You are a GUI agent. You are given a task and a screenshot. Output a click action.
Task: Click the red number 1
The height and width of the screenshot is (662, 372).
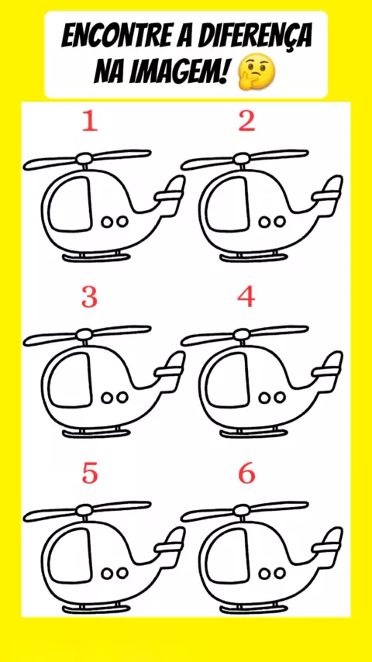coord(90,122)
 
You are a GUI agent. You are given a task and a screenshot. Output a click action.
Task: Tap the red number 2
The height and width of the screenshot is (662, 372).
coord(246,122)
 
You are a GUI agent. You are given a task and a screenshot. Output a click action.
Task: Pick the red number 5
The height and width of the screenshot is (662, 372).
coord(90,474)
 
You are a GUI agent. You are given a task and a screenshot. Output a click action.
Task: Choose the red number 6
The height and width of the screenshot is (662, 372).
coord(247,474)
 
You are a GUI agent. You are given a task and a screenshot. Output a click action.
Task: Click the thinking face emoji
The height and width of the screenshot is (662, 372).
coord(257,74)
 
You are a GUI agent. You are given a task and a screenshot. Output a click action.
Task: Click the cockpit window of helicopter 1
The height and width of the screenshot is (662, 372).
coord(68,205)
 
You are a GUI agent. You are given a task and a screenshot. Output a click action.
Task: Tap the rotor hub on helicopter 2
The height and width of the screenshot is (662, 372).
coord(242,160)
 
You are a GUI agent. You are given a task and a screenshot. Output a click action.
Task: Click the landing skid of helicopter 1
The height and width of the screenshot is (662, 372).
coord(95,257)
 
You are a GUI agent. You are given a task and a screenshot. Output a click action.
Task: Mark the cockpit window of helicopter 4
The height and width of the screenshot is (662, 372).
coord(226,380)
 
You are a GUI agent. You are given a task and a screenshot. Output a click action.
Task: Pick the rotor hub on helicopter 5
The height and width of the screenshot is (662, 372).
coord(84,512)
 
